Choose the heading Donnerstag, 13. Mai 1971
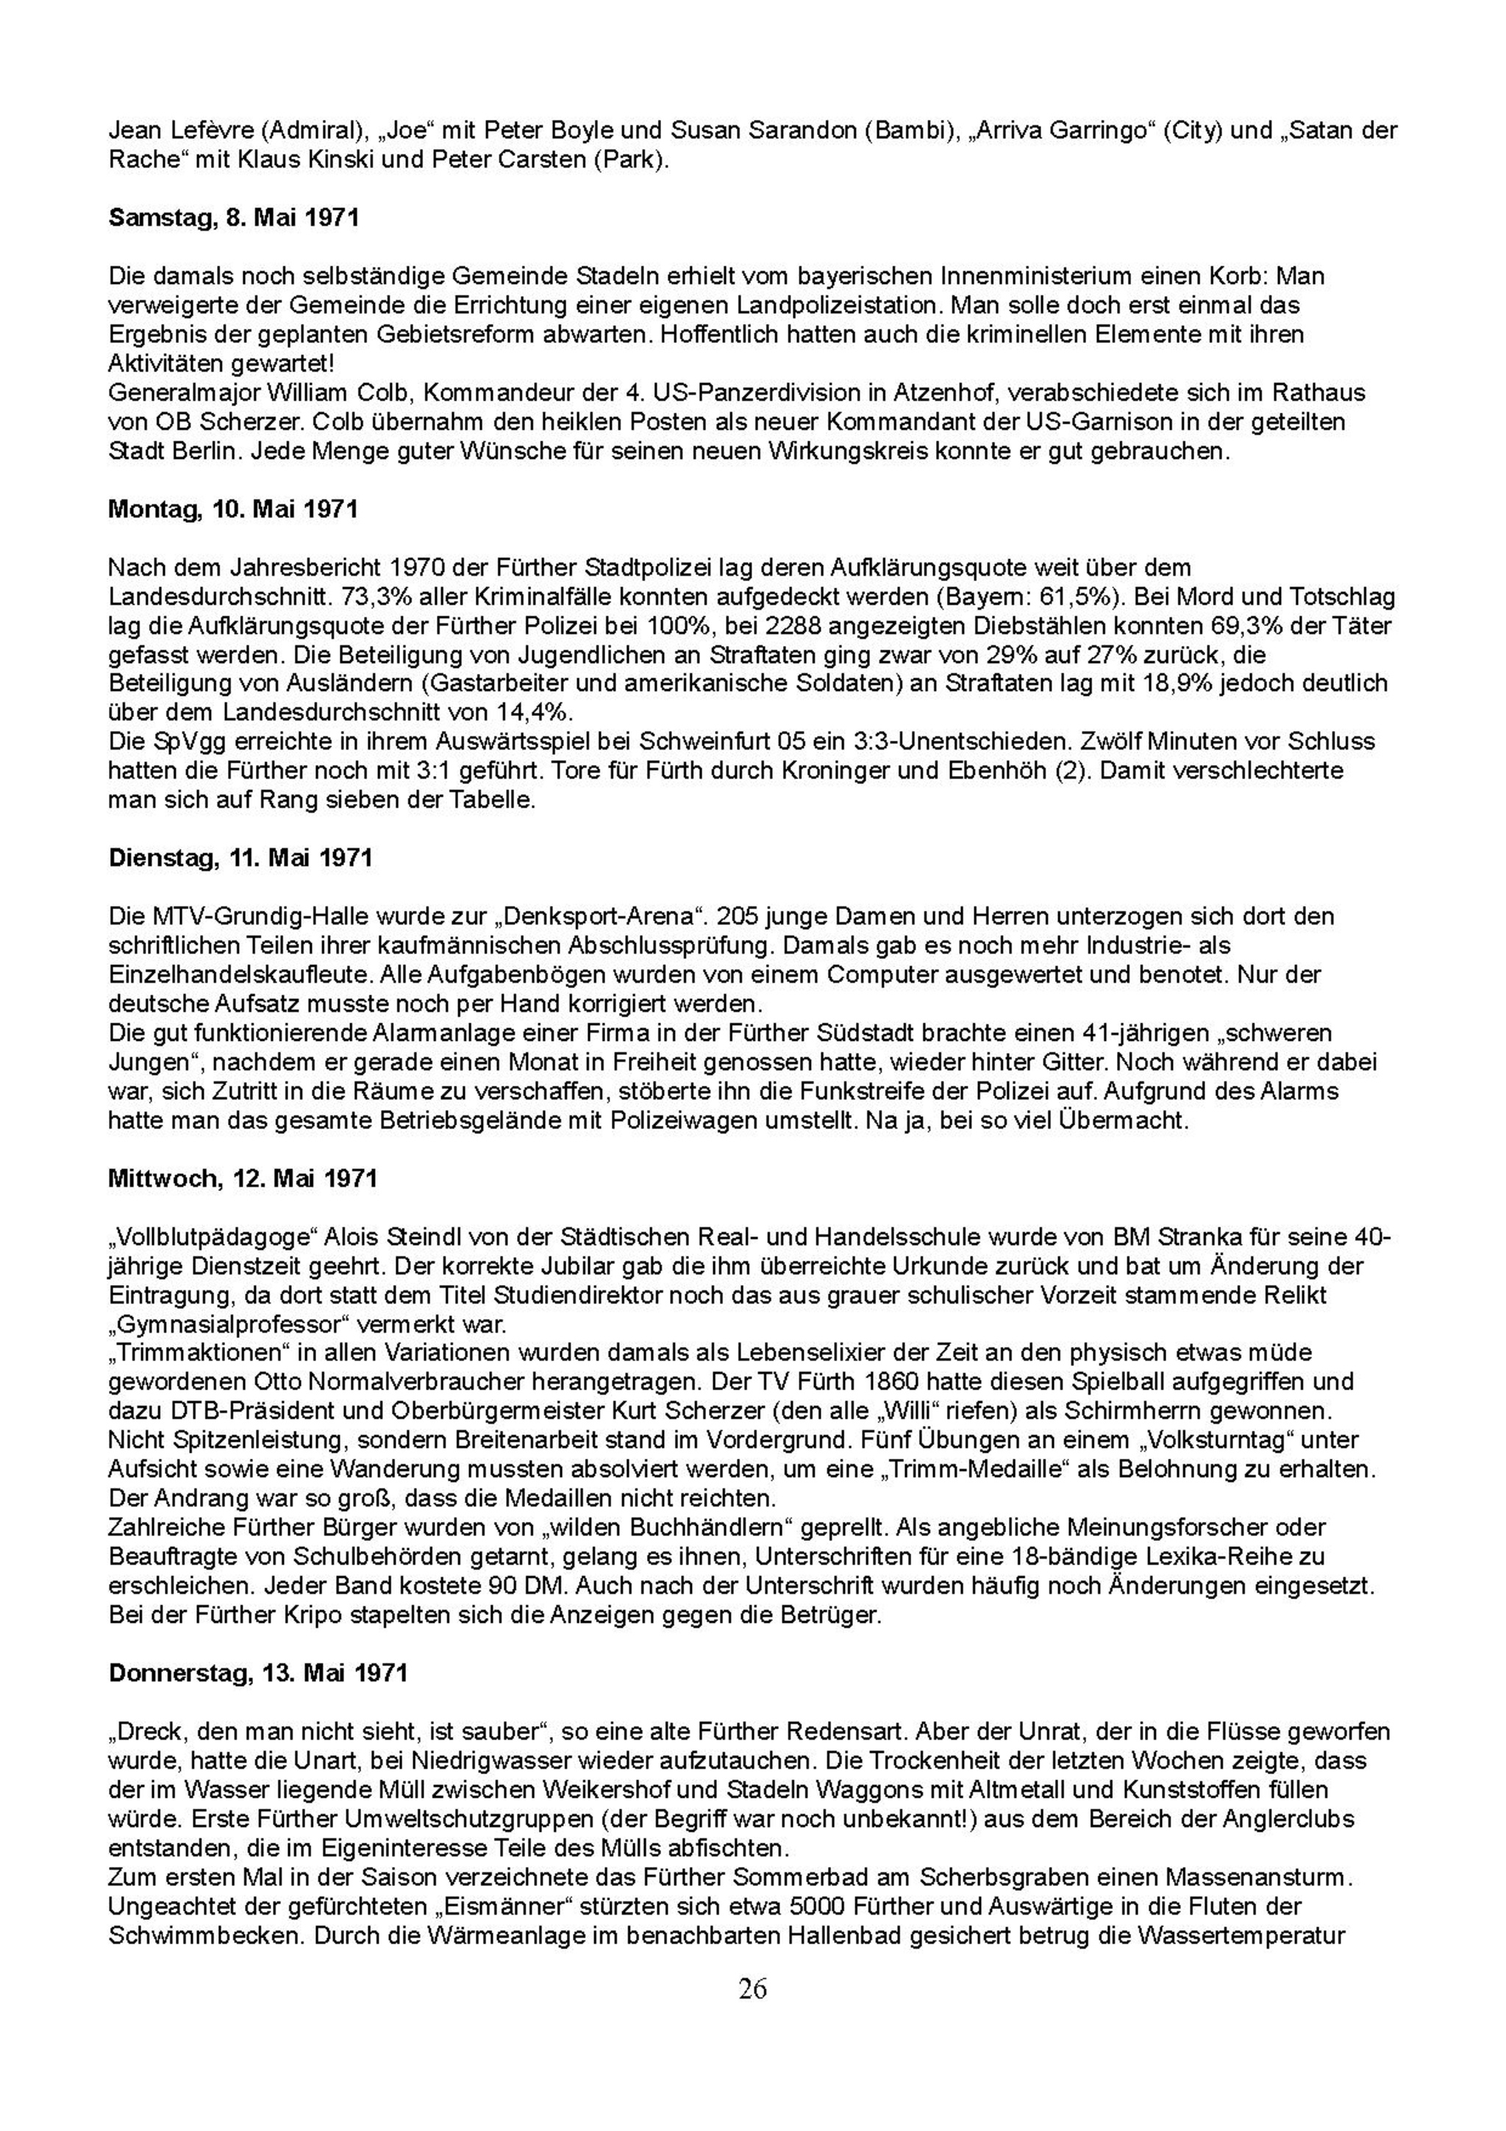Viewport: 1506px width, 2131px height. [258, 1673]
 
